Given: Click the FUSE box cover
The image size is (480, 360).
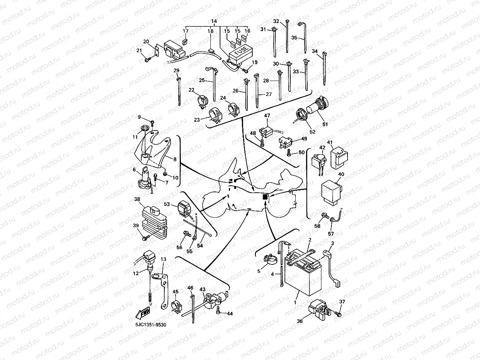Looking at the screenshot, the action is pyautogui.click(x=240, y=54).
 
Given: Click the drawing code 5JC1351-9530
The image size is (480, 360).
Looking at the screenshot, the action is pyautogui.click(x=151, y=325).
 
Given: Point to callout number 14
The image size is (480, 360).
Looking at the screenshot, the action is pyautogui.click(x=214, y=21).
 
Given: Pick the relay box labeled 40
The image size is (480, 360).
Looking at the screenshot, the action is pyautogui.click(x=331, y=193).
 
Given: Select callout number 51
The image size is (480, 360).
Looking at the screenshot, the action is pyautogui.click(x=325, y=124).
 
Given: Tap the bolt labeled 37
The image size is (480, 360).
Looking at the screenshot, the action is pyautogui.click(x=338, y=314).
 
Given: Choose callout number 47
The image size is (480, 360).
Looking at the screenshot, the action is pyautogui.click(x=267, y=116).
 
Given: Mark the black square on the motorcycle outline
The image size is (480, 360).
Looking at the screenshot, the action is pyautogui.click(x=265, y=197).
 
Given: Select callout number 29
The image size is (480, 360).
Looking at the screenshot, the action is pyautogui.click(x=177, y=70).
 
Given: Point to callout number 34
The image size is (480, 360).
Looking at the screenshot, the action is pyautogui.click(x=314, y=51).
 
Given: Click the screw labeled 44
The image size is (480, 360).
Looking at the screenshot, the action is pyautogui.click(x=218, y=310).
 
